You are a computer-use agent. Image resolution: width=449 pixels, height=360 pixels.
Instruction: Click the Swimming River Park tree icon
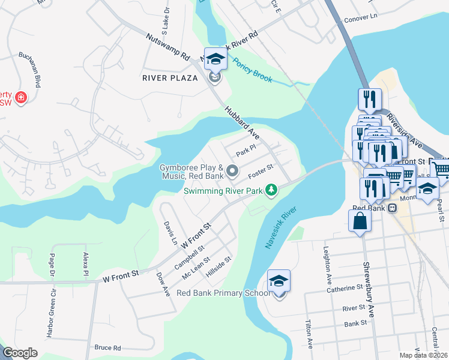pos(272,190)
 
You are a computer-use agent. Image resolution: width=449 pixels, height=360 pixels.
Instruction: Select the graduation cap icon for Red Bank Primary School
pos(279,281)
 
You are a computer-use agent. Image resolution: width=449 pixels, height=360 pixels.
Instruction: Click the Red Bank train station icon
pos(391,208)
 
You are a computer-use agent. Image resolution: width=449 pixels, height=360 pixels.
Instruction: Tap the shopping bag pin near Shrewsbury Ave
pos(360,221)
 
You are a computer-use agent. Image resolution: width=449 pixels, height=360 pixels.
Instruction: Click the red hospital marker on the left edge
pos(21,97)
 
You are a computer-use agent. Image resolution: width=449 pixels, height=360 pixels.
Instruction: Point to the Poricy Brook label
pos(253,71)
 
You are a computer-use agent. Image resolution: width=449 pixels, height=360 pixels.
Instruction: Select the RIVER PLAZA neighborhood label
pos(170,78)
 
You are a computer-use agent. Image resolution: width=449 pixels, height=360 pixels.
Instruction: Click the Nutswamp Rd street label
pos(167,46)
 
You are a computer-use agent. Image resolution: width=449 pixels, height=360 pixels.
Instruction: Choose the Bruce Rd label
pos(107,347)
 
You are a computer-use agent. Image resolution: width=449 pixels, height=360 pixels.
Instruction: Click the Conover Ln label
pos(361,19)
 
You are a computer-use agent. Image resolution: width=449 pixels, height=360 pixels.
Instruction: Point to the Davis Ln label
pos(170,233)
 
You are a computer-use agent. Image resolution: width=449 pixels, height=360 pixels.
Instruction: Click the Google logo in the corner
pos(20,353)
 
